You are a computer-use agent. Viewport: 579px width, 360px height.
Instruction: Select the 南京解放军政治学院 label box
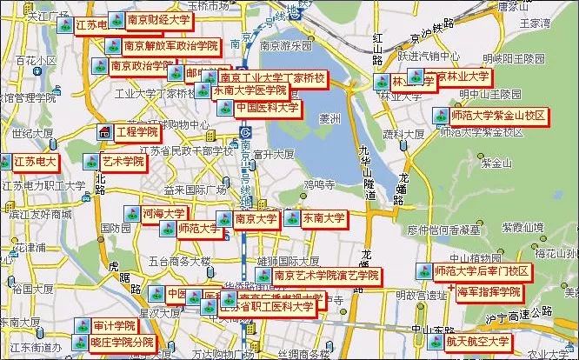pos(170,45)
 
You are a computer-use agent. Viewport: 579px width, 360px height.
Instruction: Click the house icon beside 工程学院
pos(104,133)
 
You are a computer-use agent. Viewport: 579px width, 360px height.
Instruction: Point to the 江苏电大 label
pos(34,162)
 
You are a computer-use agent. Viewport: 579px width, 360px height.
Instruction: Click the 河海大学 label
pos(163,213)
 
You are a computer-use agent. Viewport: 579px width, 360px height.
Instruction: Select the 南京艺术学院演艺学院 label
pos(326,276)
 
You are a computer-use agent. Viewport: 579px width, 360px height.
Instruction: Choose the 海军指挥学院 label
pos(489,292)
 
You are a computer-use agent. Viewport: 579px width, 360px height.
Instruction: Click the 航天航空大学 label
pos(477,342)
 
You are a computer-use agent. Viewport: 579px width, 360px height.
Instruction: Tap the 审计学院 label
pos(114,326)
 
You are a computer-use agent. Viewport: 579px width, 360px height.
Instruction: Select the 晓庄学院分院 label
pos(121,343)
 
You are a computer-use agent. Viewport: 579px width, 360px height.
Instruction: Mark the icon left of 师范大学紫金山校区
pos(441,116)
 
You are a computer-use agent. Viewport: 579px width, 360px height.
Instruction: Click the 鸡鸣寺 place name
pos(318,184)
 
